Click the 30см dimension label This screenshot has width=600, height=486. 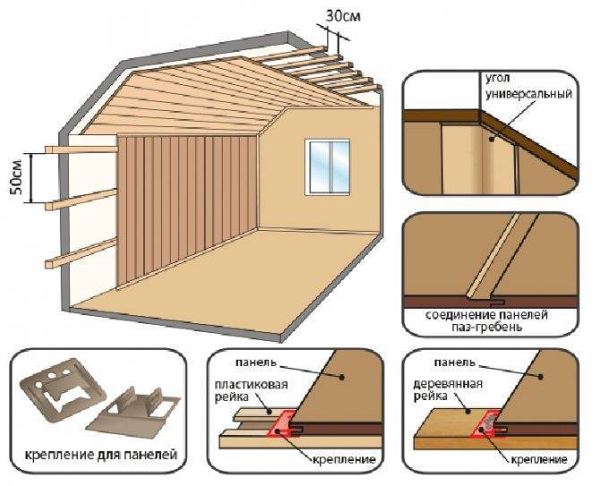[x=343, y=16]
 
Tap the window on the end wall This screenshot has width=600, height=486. [x=327, y=167]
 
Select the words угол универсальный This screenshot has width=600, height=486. [x=528, y=86]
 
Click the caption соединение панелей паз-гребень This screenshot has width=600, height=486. [x=487, y=321]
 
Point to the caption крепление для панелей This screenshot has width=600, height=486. [x=101, y=455]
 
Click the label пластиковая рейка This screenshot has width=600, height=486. [x=251, y=390]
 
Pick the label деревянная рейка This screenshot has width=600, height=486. [x=448, y=389]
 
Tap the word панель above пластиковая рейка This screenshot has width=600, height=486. [x=255, y=362]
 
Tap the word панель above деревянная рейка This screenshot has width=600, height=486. [x=455, y=362]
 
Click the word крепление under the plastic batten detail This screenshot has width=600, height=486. [x=344, y=459]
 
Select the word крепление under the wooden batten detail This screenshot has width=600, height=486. [x=539, y=459]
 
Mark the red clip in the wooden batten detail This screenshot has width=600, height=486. [x=486, y=424]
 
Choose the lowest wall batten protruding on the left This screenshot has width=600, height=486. [x=81, y=253]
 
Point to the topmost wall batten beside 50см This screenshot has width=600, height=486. [x=81, y=149]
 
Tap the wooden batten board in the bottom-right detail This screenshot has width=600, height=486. [x=493, y=431]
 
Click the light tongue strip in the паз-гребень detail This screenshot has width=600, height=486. [x=493, y=255]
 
